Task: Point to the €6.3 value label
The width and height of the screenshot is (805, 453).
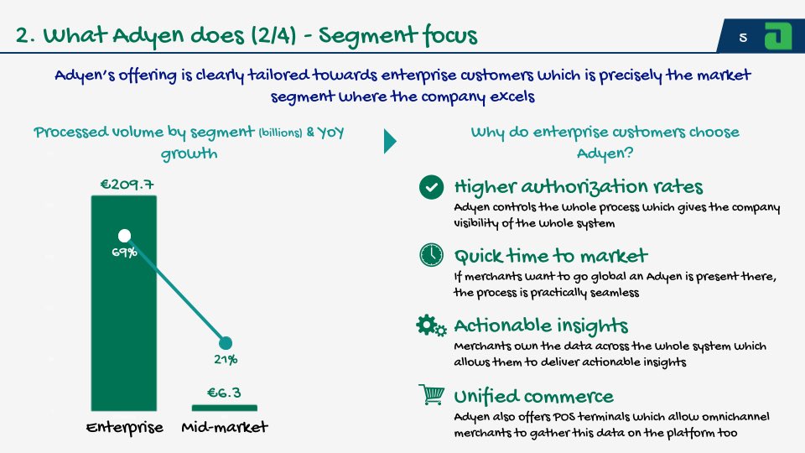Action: click(225, 393)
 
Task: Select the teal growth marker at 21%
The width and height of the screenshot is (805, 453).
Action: click(225, 342)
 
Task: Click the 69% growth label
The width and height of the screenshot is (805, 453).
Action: click(124, 253)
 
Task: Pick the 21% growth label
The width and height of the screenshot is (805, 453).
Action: click(225, 360)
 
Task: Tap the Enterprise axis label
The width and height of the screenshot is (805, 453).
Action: click(124, 428)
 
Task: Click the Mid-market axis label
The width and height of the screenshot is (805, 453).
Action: click(225, 428)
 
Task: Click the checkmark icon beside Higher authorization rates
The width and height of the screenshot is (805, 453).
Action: click(431, 187)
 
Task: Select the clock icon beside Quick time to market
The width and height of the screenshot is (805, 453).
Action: click(431, 256)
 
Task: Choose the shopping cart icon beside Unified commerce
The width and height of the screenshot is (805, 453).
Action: click(431, 395)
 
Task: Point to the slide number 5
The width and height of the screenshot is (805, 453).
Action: click(743, 38)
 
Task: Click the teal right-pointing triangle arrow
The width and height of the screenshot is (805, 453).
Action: click(390, 140)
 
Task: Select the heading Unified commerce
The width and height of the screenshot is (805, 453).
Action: click(533, 396)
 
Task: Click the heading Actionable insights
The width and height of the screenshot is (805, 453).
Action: click(541, 325)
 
